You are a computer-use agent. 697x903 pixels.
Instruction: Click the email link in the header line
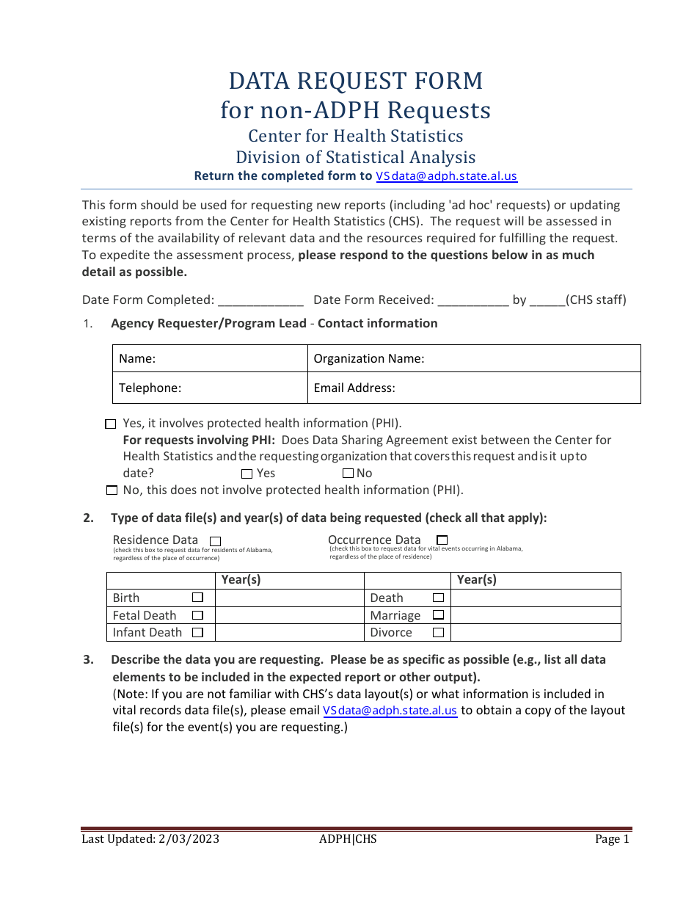[446, 176]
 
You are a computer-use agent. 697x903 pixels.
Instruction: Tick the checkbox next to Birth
[197, 598]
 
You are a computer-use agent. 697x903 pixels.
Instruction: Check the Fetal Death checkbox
[197, 615]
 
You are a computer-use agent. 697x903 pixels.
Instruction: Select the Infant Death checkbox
[197, 632]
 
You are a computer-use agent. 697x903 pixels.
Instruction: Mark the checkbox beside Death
[438, 598]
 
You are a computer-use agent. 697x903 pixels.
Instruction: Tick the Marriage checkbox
[438, 615]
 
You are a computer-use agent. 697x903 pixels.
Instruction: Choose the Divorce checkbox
[438, 632]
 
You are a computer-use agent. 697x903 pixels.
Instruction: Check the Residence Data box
[215, 541]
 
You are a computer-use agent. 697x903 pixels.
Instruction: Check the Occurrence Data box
[442, 540]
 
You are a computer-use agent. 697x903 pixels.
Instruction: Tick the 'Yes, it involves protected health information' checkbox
[111, 424]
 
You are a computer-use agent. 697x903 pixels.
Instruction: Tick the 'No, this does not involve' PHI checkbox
[112, 490]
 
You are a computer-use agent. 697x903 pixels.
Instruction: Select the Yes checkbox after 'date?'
[247, 474]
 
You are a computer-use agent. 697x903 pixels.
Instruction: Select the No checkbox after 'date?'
[348, 474]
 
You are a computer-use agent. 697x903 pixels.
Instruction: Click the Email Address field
[514, 388]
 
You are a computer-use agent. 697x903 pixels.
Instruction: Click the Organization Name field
[528, 359]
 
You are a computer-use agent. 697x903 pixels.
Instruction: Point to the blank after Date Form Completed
[260, 300]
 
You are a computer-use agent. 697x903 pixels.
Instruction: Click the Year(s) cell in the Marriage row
[536, 615]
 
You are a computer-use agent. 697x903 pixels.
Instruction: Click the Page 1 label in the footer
[612, 839]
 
